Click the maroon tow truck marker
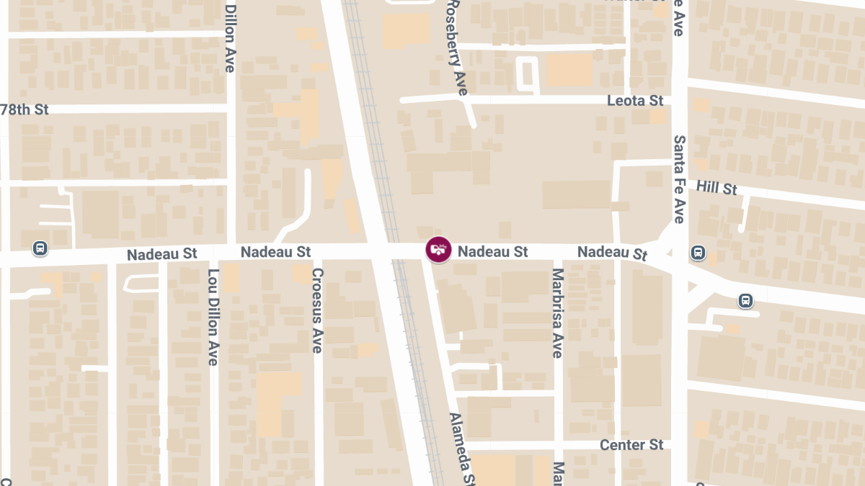pyautogui.click(x=438, y=250)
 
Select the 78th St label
pyautogui.click(x=25, y=109)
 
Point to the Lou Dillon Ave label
pyautogui.click(x=213, y=317)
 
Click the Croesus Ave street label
pyautogui.click(x=317, y=310)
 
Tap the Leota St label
pyautogui.click(x=635, y=101)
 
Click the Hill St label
pyautogui.click(x=717, y=188)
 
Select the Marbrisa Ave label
pyautogui.click(x=556, y=313)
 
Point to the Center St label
pyautogui.click(x=631, y=445)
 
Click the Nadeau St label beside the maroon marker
pyautogui.click(x=493, y=251)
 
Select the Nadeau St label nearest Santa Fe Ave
pyautogui.click(x=613, y=253)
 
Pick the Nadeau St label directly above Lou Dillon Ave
pyautogui.click(x=161, y=254)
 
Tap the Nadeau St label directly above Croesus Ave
pyautogui.click(x=275, y=252)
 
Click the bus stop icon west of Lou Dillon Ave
pyautogui.click(x=40, y=248)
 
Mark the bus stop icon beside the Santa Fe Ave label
pyautogui.click(x=698, y=253)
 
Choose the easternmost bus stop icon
pyautogui.click(x=745, y=300)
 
